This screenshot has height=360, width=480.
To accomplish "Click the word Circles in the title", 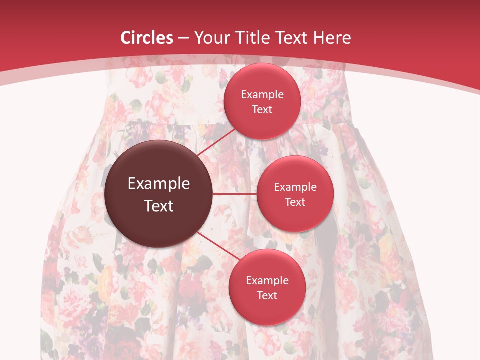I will pos(146,38).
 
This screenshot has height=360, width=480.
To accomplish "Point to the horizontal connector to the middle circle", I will pos(235,194).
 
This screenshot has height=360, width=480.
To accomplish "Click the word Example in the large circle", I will pos(159,184).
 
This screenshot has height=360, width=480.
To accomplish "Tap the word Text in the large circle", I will pos(159,206).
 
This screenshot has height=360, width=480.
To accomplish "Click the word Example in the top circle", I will pos(262,95).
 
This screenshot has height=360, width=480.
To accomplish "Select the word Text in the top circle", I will pos(262,110).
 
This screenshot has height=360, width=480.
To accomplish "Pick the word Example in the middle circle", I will pos(295,187).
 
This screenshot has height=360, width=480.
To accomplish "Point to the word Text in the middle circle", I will pos(295,202).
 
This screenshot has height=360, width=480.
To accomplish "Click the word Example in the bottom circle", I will pos(267,281).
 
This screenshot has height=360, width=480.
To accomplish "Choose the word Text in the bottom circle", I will pos(267,296).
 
